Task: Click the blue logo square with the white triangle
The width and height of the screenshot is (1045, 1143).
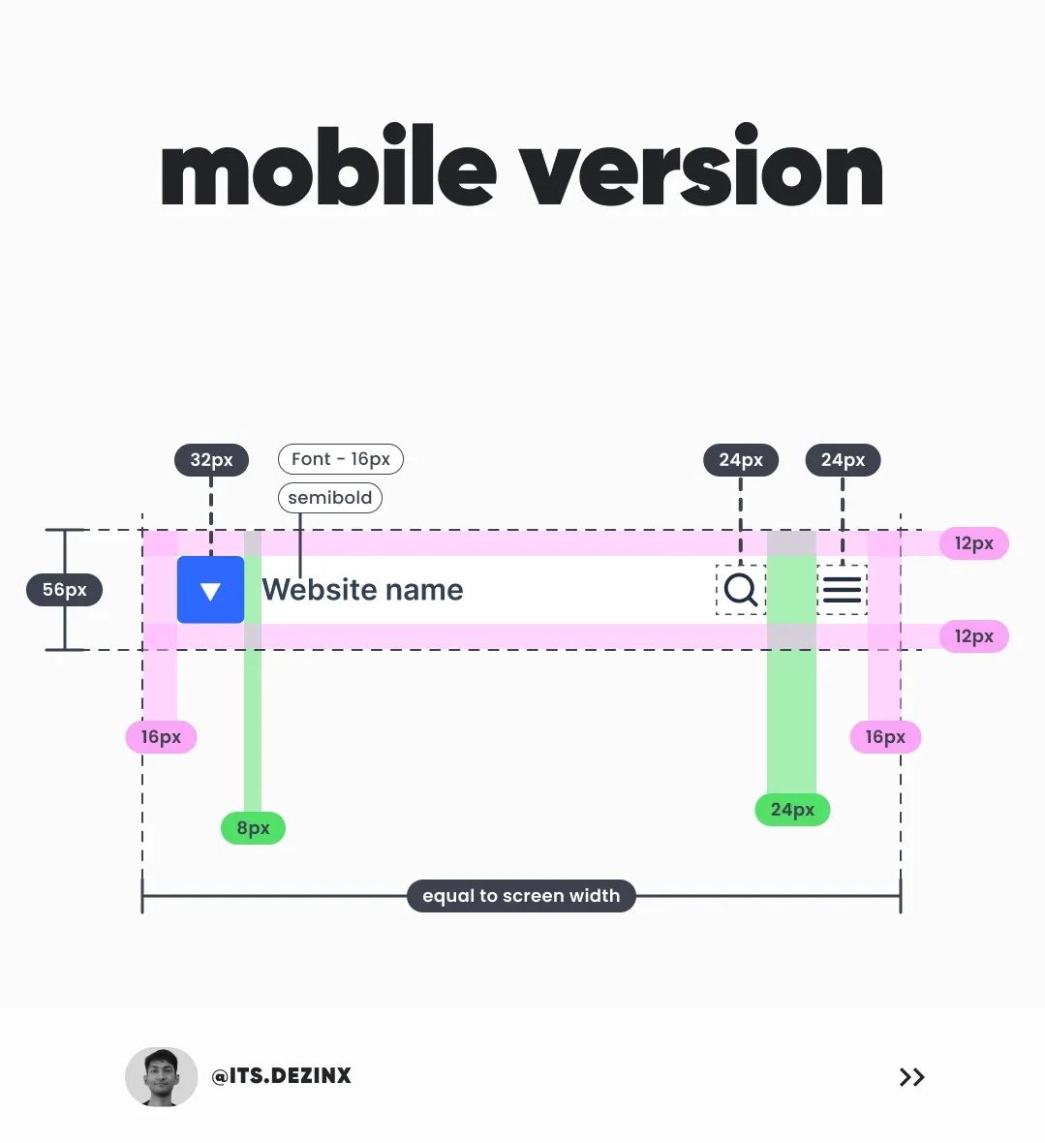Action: pyautogui.click(x=210, y=590)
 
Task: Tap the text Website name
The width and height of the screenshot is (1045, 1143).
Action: pyautogui.click(x=362, y=590)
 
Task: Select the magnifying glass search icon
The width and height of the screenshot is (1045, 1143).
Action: pyautogui.click(x=741, y=589)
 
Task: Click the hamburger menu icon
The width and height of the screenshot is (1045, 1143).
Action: pyautogui.click(x=842, y=589)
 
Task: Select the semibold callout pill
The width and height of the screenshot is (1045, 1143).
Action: pyautogui.click(x=330, y=498)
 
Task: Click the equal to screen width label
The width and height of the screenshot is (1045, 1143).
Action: pyautogui.click(x=521, y=896)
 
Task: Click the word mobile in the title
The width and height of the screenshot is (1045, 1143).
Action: pyautogui.click(x=328, y=171)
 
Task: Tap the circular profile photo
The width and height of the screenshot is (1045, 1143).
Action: pyautogui.click(x=161, y=1076)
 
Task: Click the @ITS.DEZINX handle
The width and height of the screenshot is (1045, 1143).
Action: pyautogui.click(x=282, y=1076)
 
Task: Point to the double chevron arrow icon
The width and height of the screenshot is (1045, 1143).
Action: pyautogui.click(x=911, y=1077)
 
